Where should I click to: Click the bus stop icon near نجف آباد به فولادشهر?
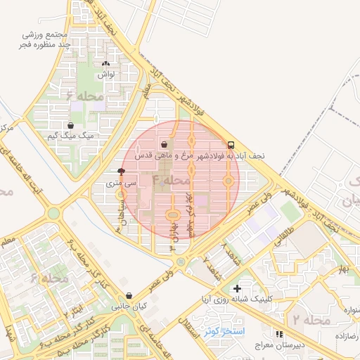232,144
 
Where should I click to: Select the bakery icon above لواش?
105,63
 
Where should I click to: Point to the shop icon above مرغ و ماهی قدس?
164,144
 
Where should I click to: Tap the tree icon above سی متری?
122,171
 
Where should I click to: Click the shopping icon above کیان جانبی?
128,296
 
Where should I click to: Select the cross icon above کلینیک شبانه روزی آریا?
237,288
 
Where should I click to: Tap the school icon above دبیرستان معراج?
279,334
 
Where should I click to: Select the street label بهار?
342,269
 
